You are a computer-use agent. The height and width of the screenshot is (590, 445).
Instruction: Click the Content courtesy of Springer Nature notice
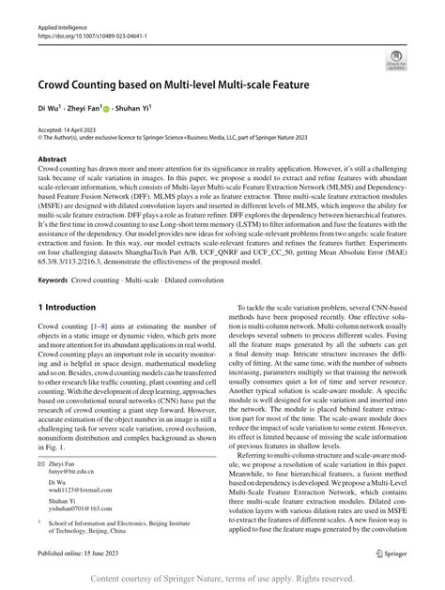pos(222,578)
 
